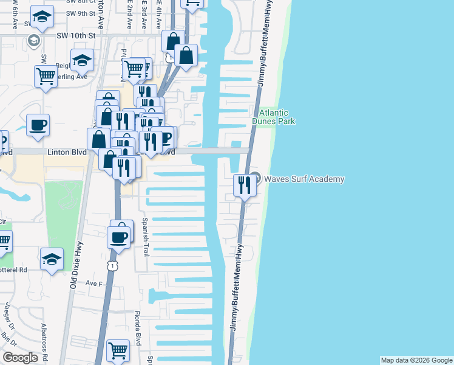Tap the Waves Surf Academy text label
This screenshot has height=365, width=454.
304,179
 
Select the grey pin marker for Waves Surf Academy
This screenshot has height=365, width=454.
256,178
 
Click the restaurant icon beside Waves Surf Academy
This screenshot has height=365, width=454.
245,184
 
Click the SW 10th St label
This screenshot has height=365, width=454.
76,36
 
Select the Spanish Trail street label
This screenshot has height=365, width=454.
146,237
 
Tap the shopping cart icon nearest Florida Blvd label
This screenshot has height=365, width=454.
118,350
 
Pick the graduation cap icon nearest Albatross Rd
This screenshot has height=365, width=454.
52,259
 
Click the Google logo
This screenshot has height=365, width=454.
20,358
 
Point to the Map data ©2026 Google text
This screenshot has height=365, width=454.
416,360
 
